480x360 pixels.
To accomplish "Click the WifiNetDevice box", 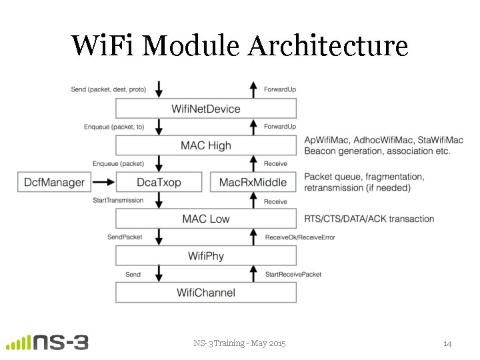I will coord(205,109).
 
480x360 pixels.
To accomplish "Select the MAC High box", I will coord(205,145).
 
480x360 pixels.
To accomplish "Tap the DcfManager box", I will coord(55,182).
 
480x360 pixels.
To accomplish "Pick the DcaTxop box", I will coord(158,182).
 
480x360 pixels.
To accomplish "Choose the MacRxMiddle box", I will coord(253,182).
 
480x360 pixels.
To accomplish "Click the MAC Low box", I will coord(205,219).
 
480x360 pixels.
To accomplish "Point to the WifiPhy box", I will coord(205,255).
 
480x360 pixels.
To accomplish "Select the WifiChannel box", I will coord(205,292).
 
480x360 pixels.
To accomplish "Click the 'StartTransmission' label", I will coord(117,201).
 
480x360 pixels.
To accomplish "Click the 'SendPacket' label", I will coord(125,237).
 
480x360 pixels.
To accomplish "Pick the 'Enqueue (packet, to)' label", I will coord(113,126).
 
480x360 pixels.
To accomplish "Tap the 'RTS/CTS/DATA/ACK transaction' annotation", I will coord(369,219).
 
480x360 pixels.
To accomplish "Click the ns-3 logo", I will coord(47,342).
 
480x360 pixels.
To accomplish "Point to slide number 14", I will coord(447,343).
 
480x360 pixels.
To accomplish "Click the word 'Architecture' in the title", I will coord(327,45).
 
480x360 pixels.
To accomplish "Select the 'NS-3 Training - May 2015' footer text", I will coord(239,343).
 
